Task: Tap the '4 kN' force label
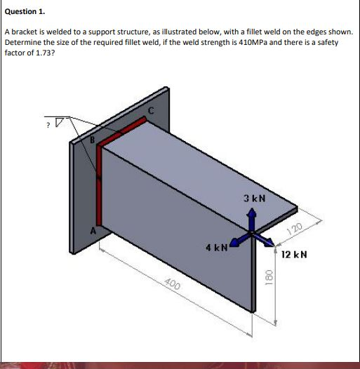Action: tap(215, 248)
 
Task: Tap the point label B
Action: tap(91, 139)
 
